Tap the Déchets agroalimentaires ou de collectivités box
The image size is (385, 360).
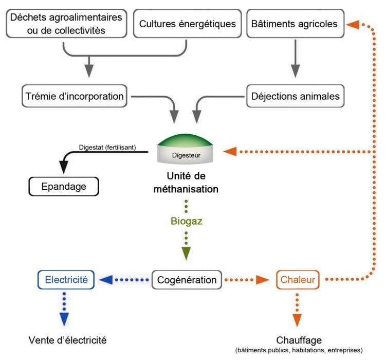65,24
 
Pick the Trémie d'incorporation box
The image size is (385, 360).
74,96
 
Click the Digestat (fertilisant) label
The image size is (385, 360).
107,147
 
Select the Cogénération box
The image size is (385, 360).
187,280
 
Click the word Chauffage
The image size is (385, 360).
299,340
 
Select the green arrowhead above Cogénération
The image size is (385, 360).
186,254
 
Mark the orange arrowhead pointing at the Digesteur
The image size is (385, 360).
231,151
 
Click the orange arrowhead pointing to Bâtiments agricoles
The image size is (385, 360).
352,24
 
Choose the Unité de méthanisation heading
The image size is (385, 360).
186,183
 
